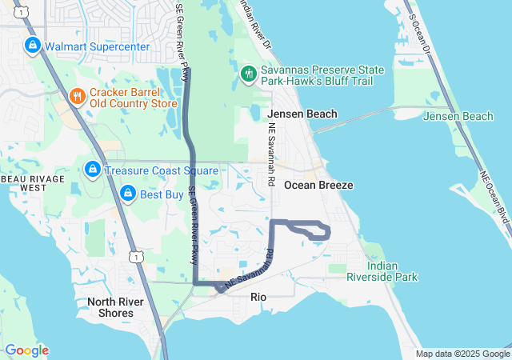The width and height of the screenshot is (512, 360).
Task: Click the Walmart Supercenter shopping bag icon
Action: click(32, 46)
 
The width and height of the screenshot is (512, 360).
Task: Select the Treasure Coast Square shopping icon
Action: click(93, 170)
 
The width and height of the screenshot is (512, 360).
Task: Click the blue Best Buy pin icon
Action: click(127, 193)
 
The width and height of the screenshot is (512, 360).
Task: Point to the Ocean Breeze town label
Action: click(318, 185)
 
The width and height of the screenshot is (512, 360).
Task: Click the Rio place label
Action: click(258, 296)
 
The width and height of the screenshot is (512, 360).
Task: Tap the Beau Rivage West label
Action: click(32, 182)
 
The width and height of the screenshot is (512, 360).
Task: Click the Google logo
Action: click(26, 350)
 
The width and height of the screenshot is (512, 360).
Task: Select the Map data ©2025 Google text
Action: click(462, 354)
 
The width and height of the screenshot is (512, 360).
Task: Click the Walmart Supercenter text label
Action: click(97, 46)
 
